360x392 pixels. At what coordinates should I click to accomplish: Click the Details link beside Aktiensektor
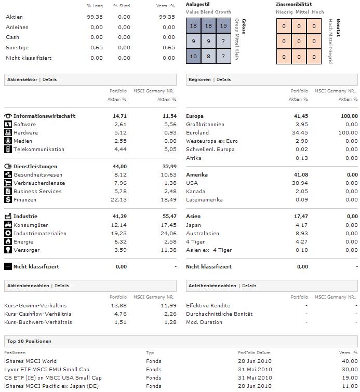(49, 80)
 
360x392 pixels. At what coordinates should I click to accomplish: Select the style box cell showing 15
(223, 26)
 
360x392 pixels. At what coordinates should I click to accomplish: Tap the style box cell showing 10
(193, 56)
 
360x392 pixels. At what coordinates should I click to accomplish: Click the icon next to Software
(8, 125)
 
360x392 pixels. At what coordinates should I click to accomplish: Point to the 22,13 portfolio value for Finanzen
(119, 200)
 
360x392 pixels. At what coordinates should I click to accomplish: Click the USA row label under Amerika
(192, 183)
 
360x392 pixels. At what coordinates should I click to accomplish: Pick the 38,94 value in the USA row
(301, 183)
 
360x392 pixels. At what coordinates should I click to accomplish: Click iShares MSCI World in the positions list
(31, 361)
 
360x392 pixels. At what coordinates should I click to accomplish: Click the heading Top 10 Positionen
(30, 342)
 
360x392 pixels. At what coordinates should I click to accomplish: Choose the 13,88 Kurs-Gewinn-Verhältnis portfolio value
(119, 306)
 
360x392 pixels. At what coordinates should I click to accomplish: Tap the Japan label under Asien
(194, 225)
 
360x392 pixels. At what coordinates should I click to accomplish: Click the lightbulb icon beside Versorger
(8, 250)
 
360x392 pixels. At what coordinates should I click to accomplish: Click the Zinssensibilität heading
(294, 4)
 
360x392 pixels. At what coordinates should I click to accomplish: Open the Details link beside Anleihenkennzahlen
(249, 286)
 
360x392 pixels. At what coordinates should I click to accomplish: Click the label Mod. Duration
(204, 322)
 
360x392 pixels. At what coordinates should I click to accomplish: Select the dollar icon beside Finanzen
(8, 200)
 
